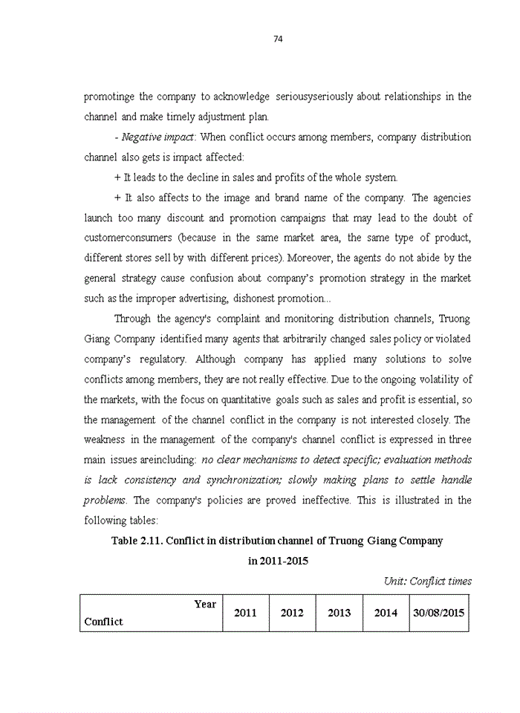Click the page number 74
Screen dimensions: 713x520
coord(279,39)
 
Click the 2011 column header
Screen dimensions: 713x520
coord(245,613)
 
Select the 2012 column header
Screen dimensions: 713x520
coord(292,613)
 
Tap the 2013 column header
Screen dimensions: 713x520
coord(339,613)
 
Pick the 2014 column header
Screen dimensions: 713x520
coord(386,613)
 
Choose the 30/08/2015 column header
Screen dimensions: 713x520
coord(439,613)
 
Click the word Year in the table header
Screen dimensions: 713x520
coord(205,604)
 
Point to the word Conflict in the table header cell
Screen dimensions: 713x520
coord(104,622)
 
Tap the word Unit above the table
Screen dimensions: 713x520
coord(394,581)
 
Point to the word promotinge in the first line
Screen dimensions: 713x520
coord(109,97)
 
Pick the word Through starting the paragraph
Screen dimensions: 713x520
coord(132,319)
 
